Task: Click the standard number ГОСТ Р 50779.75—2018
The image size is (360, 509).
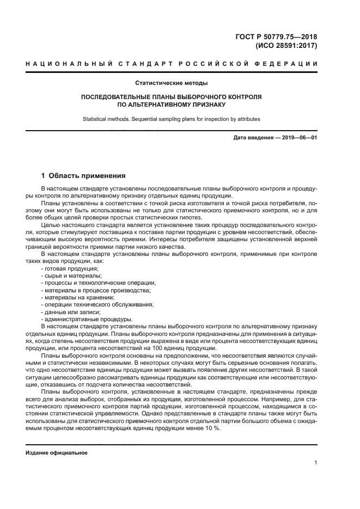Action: click(x=278, y=37)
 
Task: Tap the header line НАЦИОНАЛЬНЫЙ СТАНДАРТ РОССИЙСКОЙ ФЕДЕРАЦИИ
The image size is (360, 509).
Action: click(x=172, y=65)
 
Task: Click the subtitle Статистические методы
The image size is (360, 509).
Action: click(x=172, y=83)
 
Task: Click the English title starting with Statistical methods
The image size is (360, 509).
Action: click(x=172, y=119)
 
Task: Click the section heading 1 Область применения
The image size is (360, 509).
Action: click(x=83, y=176)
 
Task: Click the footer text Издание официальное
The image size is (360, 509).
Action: click(x=57, y=453)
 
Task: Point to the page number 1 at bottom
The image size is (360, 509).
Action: click(x=315, y=463)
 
